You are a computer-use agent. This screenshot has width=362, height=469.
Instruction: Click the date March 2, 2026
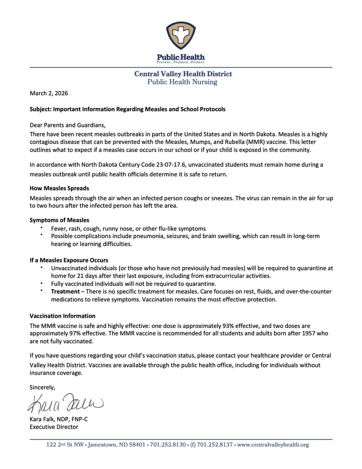(49, 93)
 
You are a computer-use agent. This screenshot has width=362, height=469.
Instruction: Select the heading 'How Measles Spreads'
(59, 188)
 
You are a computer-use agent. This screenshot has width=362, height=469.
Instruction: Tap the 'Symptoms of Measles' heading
(59, 220)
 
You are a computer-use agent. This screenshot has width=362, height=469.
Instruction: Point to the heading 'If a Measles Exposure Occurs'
(69, 260)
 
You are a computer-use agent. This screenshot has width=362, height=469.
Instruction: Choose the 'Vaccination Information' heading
(63, 316)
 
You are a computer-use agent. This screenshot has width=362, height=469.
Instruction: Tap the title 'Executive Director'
(54, 427)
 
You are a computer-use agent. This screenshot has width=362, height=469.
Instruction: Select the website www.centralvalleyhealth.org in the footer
(273, 445)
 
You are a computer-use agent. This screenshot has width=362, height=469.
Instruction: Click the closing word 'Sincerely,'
(43, 387)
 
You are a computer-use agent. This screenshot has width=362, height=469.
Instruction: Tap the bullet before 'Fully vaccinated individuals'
(41, 284)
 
